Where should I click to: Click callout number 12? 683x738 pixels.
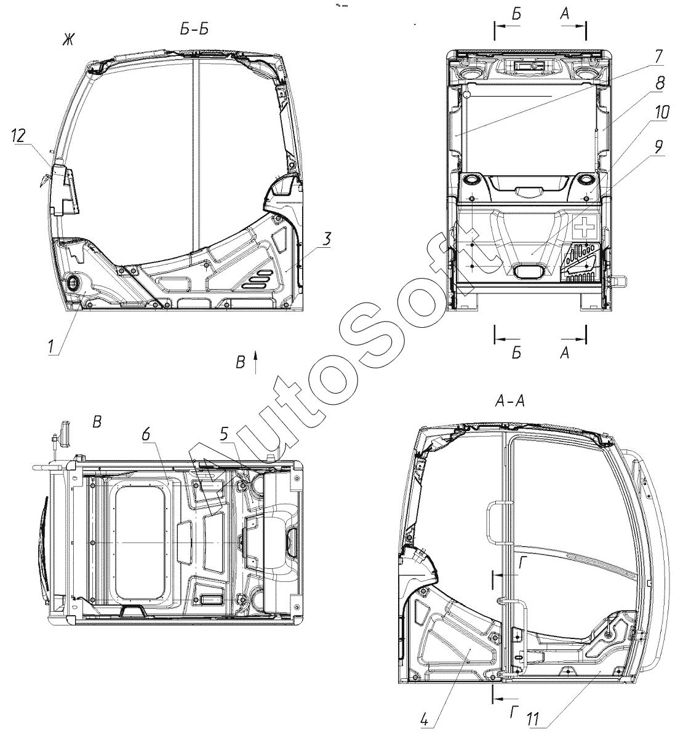(18, 137)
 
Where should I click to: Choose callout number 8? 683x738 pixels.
(659, 83)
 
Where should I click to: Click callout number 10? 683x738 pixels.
(661, 112)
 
